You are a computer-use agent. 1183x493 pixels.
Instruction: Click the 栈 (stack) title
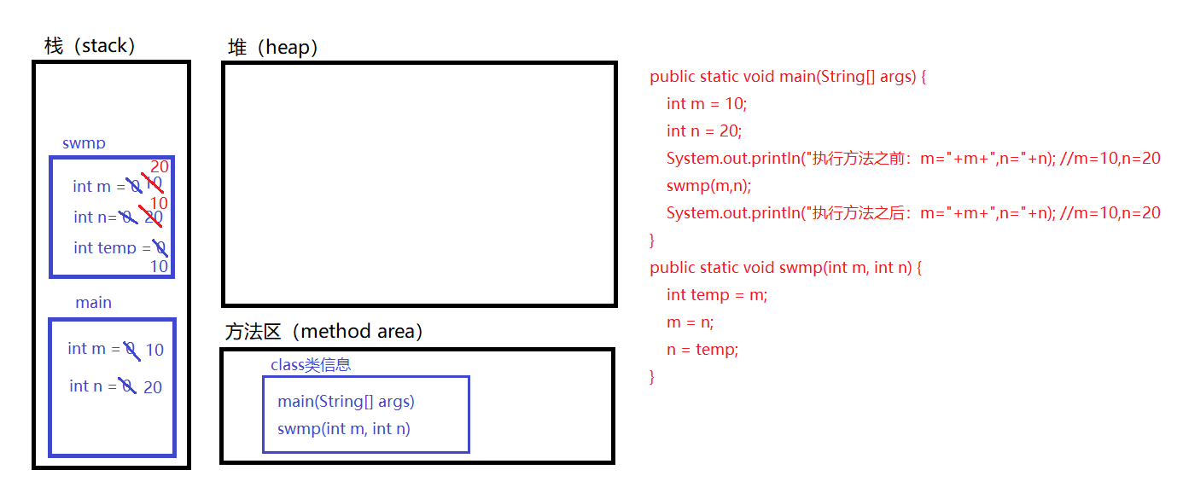point(90,45)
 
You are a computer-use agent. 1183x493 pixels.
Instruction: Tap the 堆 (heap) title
point(273,47)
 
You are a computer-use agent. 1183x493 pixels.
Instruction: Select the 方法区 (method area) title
point(323,331)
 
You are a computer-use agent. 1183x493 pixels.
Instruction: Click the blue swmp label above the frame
point(84,143)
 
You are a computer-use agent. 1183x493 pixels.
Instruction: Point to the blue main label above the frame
point(93,303)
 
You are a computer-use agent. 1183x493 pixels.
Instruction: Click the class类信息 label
point(311,365)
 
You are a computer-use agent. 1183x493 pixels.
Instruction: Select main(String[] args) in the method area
point(346,401)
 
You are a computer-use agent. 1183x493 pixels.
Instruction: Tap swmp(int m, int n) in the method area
point(343,428)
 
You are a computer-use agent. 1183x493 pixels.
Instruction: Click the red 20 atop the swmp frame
point(160,166)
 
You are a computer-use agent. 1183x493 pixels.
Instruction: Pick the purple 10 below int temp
point(159,267)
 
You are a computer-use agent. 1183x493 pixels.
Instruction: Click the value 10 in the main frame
point(154,350)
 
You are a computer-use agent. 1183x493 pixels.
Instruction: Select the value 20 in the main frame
point(153,387)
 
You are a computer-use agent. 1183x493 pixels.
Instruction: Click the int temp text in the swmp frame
point(104,247)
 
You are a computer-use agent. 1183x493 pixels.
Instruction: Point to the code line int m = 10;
point(707,103)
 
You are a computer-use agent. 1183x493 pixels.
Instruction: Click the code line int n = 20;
point(704,130)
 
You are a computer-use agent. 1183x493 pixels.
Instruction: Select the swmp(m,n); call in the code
point(708,185)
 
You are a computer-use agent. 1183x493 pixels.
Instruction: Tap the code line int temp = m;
point(717,294)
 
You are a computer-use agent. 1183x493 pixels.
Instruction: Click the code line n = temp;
point(702,349)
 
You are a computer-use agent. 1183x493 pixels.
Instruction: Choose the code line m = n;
point(690,322)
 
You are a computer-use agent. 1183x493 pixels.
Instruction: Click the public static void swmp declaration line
point(785,267)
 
